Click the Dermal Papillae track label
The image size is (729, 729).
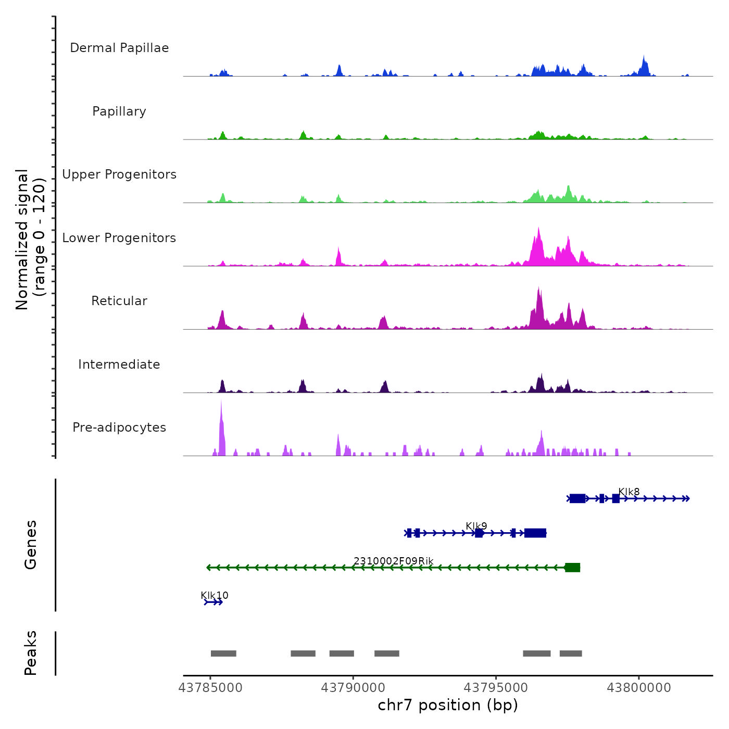click(x=119, y=48)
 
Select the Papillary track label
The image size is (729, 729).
click(x=119, y=111)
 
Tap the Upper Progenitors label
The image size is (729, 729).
click(x=119, y=174)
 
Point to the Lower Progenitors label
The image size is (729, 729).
click(x=119, y=238)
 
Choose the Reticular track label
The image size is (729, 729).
click(x=119, y=301)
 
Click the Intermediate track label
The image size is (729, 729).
click(x=119, y=364)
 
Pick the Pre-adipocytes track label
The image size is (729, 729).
click(x=119, y=428)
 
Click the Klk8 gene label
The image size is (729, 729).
click(x=629, y=492)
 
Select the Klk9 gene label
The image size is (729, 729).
click(x=476, y=526)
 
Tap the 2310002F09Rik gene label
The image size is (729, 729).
click(x=394, y=561)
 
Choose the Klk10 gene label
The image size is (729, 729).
click(x=215, y=595)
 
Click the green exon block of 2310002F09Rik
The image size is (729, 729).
click(x=572, y=568)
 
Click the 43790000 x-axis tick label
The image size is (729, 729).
click(x=353, y=688)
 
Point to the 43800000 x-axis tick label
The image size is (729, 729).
click(x=639, y=688)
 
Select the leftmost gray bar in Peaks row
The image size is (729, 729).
click(x=223, y=653)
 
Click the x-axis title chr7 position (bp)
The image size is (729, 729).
click(x=448, y=706)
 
